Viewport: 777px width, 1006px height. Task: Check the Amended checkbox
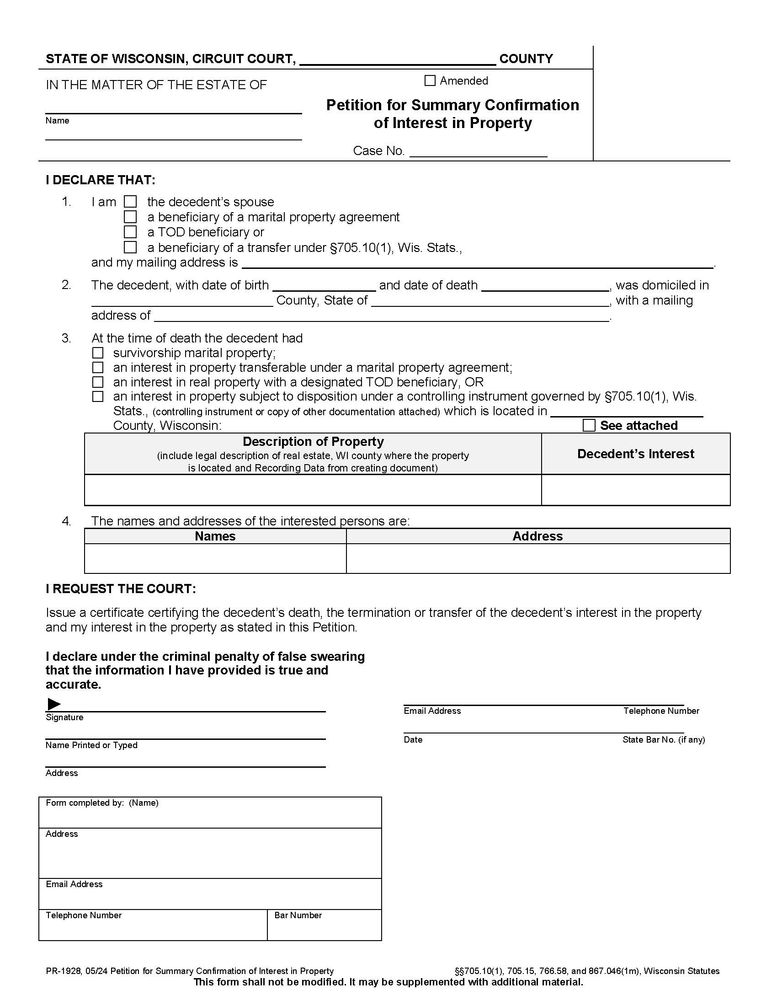(x=430, y=80)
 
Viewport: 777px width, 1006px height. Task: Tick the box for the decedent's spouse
(x=130, y=202)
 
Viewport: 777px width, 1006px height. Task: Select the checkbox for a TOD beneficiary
(x=130, y=232)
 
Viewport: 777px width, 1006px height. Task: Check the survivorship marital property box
(x=98, y=353)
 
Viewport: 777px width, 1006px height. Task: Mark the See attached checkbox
(x=589, y=425)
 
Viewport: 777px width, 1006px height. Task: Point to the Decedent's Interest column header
(x=635, y=454)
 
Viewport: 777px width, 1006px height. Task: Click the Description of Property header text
(x=313, y=442)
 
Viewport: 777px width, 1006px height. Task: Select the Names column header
(x=215, y=536)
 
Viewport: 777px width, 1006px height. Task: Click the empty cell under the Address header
(x=538, y=558)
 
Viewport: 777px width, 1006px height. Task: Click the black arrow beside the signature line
(x=54, y=704)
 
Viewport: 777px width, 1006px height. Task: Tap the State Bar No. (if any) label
(x=663, y=740)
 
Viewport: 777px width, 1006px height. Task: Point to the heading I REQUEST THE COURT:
(x=121, y=589)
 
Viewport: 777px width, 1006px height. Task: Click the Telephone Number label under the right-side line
(x=661, y=711)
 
